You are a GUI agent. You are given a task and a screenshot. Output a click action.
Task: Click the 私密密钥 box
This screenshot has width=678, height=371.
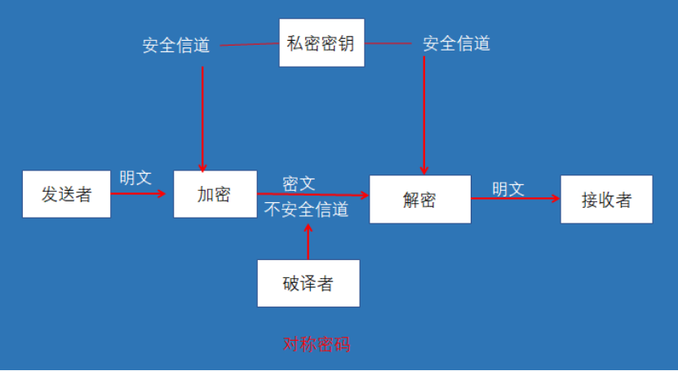(x=321, y=42)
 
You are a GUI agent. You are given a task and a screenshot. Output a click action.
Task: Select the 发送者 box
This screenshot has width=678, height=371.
(x=66, y=194)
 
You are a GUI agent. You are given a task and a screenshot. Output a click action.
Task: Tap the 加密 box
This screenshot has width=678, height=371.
(x=215, y=194)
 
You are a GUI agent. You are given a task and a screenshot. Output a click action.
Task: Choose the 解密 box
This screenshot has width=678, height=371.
(x=419, y=199)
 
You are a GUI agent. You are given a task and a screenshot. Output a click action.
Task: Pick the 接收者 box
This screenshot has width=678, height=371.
(x=606, y=199)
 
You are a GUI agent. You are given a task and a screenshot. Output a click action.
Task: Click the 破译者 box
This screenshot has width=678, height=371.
(x=308, y=283)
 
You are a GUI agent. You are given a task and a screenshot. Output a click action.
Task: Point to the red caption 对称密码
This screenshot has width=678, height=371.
(x=317, y=344)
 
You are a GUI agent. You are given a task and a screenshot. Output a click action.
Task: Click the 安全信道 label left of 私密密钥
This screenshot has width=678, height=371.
(x=176, y=46)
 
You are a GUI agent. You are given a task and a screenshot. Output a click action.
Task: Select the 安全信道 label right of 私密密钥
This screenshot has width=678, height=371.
(x=456, y=43)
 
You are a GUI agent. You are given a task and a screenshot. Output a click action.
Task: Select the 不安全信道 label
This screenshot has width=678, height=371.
(x=306, y=210)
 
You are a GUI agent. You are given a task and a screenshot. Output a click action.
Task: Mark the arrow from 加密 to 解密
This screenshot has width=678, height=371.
(x=313, y=196)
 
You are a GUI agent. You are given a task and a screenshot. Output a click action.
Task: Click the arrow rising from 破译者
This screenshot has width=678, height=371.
(x=308, y=241)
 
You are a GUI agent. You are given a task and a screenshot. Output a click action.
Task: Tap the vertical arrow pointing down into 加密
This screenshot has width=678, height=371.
(x=202, y=118)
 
